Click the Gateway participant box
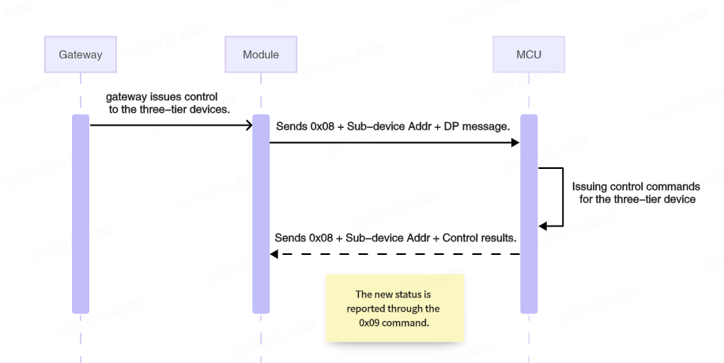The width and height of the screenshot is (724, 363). click(x=81, y=54)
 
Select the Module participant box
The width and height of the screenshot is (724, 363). click(x=261, y=54)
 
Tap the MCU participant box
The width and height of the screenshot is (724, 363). click(x=529, y=54)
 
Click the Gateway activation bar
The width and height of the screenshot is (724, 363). click(x=81, y=213)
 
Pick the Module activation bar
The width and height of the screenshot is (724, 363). click(x=261, y=213)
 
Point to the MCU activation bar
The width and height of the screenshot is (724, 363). click(x=529, y=213)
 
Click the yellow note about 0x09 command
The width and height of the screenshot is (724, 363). click(x=395, y=308)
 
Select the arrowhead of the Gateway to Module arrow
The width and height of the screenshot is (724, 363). click(x=247, y=125)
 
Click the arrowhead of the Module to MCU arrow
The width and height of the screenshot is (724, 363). click(x=515, y=143)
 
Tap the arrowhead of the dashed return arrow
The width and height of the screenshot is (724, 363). click(x=274, y=254)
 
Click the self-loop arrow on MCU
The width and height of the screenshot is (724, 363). click(x=562, y=197)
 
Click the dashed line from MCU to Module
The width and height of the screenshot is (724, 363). click(x=395, y=254)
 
